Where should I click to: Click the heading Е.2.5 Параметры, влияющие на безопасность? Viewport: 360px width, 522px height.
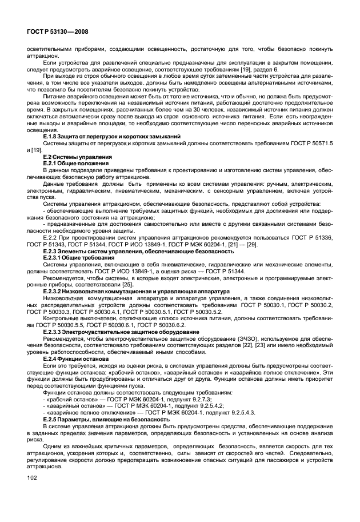(x=109, y=419)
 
